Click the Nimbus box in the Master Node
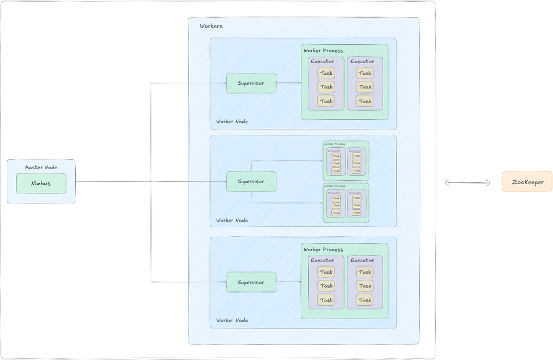tap(41, 184)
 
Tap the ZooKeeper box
tap(526, 182)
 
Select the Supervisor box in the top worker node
tap(251, 83)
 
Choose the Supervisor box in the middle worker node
tap(251, 181)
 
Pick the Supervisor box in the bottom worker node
tap(251, 282)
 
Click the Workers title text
tap(211, 26)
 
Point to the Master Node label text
tap(41, 167)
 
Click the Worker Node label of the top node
tap(232, 122)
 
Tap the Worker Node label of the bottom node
tap(232, 320)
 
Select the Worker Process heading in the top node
tap(323, 50)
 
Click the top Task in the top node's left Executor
tap(326, 73)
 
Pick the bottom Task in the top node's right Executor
tap(365, 101)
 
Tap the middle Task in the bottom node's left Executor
tap(326, 286)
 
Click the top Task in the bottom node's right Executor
tap(365, 272)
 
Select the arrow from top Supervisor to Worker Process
tap(288, 83)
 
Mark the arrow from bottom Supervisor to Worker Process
tap(288, 282)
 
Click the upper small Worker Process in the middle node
tap(346, 160)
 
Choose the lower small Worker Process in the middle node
tap(346, 202)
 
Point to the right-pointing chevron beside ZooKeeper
tap(488, 182)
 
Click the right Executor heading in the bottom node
tap(362, 260)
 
